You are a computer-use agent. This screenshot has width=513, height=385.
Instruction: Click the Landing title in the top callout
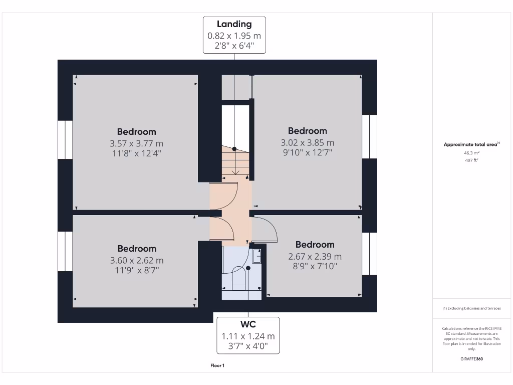pos(234,24)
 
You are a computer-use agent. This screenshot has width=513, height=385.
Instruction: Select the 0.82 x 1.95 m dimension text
pos(234,36)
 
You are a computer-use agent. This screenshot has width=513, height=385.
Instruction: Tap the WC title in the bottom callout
pos(248,324)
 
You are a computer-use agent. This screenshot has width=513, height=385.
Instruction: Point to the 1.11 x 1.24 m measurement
pos(248,336)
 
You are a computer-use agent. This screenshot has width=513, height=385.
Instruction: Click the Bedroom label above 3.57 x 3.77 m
pos(136,132)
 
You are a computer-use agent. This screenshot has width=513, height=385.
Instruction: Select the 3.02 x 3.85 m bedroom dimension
pos(307,143)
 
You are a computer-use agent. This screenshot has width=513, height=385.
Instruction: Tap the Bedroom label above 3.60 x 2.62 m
pos(137,249)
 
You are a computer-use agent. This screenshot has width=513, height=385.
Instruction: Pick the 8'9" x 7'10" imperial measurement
pos(315,267)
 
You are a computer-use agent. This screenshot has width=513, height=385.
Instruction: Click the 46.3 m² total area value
pos(471,152)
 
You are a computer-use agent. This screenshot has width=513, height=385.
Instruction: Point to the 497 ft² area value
pos(471,160)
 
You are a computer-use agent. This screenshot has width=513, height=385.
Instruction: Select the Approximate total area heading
pos(471,144)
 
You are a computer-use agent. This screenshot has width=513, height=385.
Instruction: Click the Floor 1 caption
pos(217,365)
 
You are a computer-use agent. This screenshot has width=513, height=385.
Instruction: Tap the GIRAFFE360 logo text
pos(471,359)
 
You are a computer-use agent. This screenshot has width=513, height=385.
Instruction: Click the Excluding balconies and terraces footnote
pos(471,308)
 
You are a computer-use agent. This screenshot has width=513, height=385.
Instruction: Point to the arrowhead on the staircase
pos(235,172)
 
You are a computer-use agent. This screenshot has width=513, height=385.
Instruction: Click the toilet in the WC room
pos(239,278)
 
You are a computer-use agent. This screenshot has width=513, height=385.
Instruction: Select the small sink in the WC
pos(257,256)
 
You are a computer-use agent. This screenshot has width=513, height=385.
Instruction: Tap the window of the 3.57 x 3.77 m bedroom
pos(65,140)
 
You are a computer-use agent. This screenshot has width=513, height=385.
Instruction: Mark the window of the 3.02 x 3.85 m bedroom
pos(369,136)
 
